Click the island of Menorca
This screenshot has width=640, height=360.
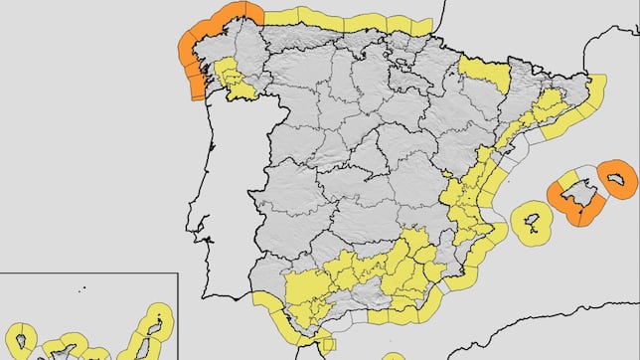pos(620,180)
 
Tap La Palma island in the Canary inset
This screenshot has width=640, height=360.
pos(20,341)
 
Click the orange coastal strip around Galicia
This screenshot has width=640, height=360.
pos(189,50)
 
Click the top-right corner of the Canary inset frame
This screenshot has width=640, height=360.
pos(177,273)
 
